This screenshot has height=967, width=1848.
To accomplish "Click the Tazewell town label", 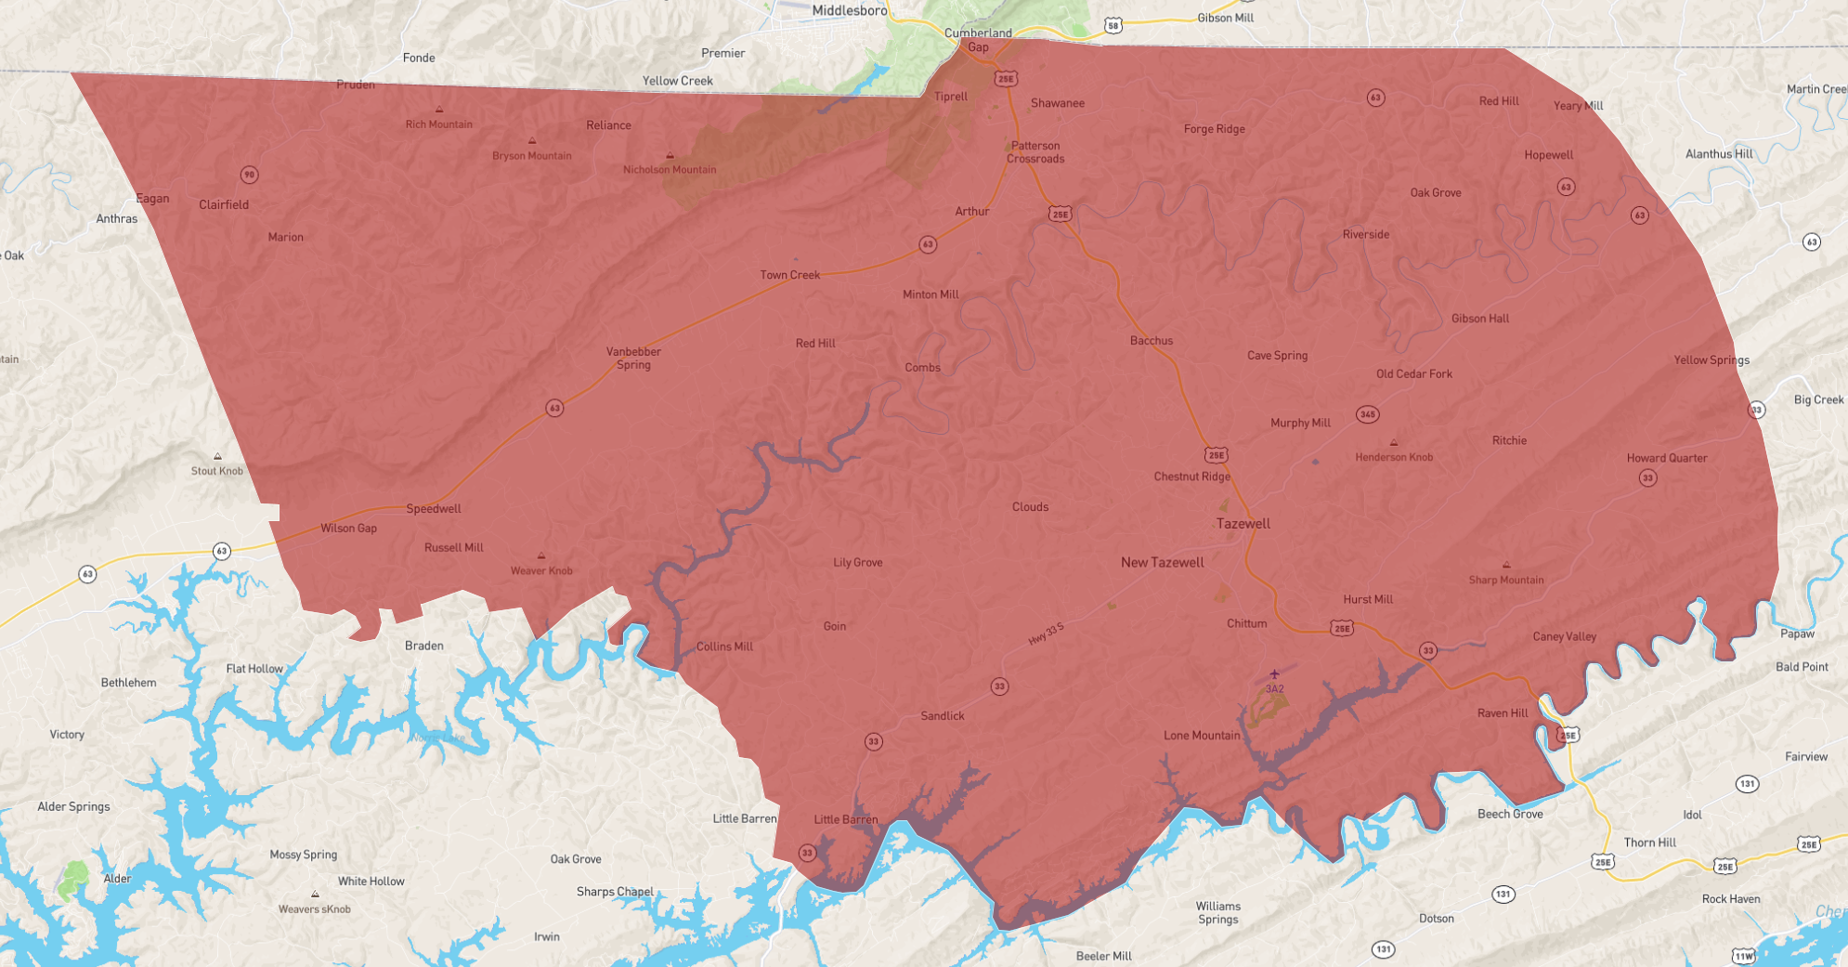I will (1243, 524).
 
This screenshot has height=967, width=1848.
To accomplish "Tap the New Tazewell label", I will (1162, 562).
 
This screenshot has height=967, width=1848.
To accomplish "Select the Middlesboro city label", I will (849, 10).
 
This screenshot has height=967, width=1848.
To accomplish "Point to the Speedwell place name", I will (433, 509).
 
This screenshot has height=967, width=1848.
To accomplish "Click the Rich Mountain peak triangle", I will (439, 110).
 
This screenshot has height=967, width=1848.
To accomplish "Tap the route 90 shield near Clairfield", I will (249, 175).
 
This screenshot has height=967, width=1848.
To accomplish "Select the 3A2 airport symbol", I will (1274, 674).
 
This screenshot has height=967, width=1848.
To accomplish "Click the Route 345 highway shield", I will (1367, 414).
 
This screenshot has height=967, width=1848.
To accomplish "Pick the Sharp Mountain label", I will (1505, 580).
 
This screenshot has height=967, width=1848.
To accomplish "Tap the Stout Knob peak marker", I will (217, 456).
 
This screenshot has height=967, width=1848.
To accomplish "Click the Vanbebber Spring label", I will (633, 358).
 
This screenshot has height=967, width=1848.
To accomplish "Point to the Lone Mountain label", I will (1201, 735).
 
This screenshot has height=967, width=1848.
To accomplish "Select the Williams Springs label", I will (1217, 912).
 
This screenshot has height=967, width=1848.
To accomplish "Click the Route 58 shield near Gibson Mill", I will (1113, 26).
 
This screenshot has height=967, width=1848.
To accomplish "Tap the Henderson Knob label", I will (1393, 457).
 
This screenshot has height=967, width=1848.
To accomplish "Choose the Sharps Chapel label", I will (615, 892).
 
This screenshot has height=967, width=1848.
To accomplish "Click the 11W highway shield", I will (1743, 956).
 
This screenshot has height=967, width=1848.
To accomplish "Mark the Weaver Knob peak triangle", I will (541, 556).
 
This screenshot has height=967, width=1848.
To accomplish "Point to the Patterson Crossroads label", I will (1035, 152).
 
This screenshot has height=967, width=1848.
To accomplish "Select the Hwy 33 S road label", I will (1046, 634).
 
